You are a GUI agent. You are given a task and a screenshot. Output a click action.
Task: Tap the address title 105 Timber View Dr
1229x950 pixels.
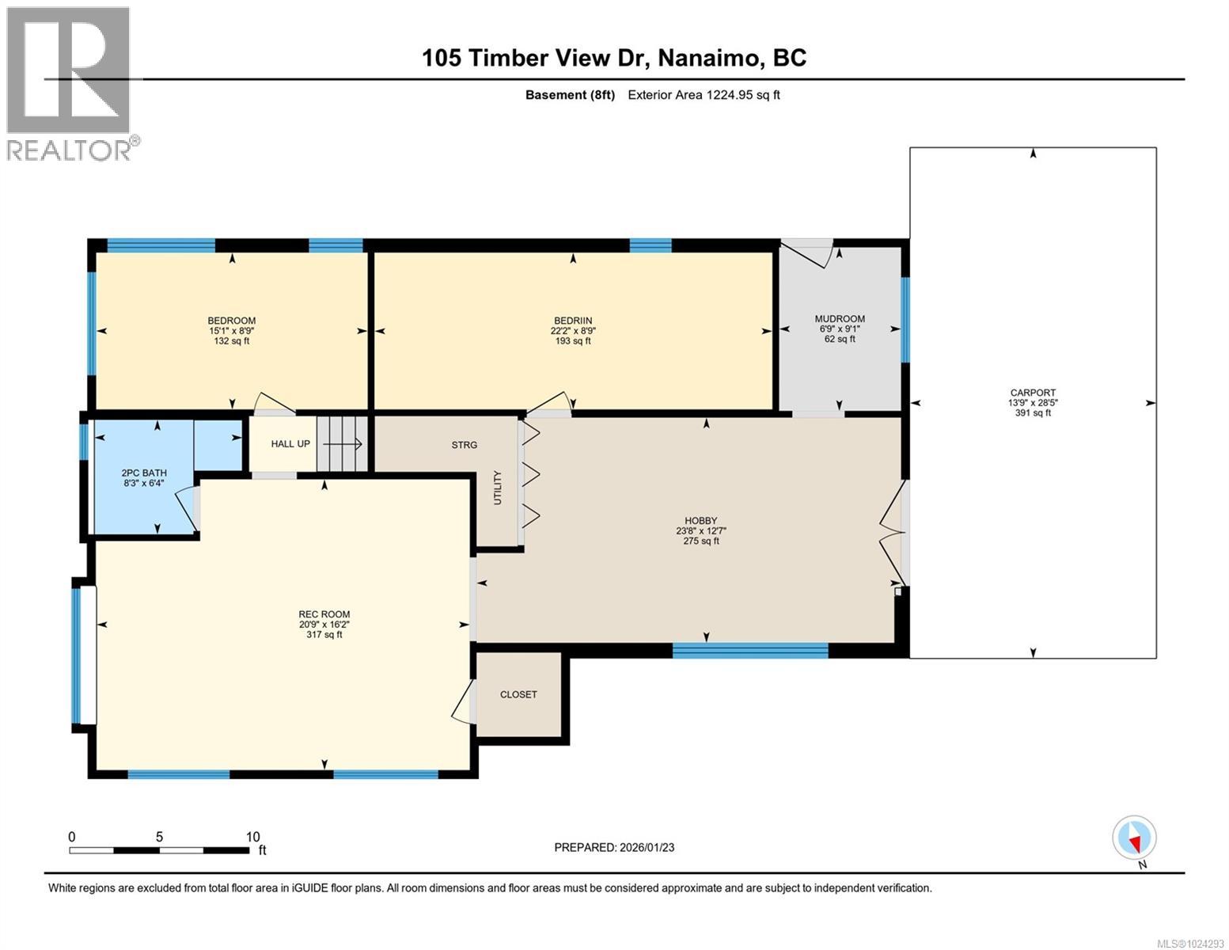point(535,58)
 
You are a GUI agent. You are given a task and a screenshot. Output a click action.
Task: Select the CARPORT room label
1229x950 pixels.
point(1033,393)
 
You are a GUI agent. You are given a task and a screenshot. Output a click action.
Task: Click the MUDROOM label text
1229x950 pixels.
point(840,319)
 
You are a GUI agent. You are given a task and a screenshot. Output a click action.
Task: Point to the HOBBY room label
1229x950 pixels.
point(700,521)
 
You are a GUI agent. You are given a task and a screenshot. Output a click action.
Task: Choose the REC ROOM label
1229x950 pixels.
point(324,614)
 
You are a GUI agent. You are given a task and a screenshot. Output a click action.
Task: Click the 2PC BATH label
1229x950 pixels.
point(144,473)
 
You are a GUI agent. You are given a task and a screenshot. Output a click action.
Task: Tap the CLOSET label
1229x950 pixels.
point(518,694)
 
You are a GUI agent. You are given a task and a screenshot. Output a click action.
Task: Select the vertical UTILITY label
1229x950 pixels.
point(498,487)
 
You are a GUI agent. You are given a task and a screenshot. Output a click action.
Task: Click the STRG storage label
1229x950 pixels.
point(465,445)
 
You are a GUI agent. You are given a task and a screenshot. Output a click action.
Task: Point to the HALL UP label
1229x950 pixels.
point(290,444)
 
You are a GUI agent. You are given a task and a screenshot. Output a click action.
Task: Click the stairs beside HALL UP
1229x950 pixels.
point(342,444)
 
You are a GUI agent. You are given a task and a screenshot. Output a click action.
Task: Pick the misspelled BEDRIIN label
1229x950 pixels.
point(573,321)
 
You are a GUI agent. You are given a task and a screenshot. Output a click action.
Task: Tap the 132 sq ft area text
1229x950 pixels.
point(231,341)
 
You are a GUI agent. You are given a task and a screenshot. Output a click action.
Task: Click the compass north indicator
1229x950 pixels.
point(1135,838)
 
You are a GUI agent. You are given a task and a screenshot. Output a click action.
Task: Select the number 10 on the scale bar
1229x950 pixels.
point(252,837)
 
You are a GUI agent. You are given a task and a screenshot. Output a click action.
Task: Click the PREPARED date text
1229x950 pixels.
point(614,848)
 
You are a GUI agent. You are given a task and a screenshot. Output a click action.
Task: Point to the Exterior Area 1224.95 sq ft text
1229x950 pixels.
point(704,95)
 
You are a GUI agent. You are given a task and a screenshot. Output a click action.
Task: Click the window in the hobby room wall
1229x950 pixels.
point(750,651)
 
